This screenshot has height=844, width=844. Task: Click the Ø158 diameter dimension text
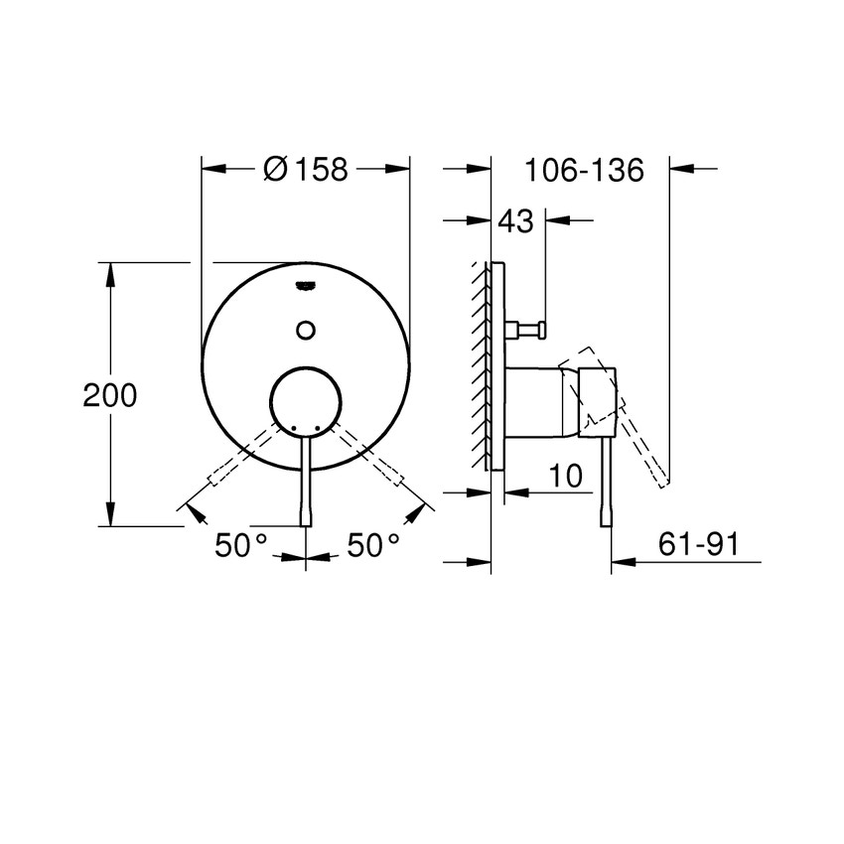[306, 170]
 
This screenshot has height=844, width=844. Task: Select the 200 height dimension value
[109, 395]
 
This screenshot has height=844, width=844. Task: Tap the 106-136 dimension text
[585, 170]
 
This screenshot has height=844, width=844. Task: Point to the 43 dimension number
[515, 220]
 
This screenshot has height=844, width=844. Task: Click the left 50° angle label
[241, 545]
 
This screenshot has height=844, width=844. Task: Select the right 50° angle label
[373, 545]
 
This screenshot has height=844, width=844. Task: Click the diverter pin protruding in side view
[526, 330]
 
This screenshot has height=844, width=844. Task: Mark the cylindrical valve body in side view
[541, 401]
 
